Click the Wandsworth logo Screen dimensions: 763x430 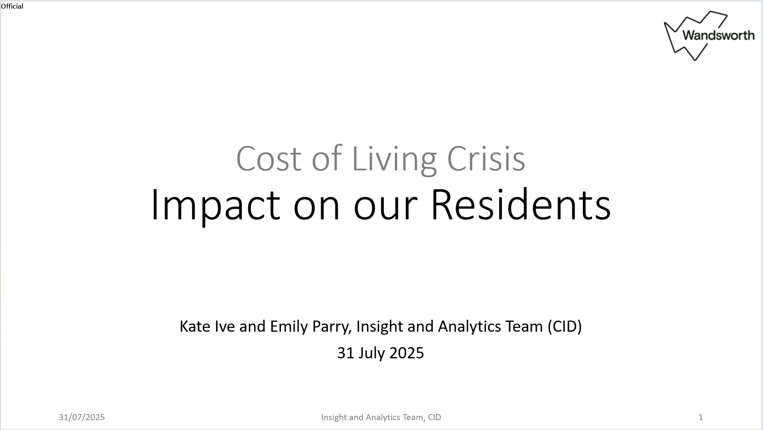pos(709,36)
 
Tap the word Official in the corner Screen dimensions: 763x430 pos(12,6)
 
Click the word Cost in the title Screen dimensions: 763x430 pos(269,159)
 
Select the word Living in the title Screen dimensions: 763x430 pos(394,160)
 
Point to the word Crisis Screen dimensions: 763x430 pos(486,158)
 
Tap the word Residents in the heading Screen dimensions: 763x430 pos(520,204)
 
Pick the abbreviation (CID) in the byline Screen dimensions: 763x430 pos(564,327)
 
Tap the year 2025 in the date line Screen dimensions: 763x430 pos(407,353)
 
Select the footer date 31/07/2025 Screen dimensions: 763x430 pos(82,417)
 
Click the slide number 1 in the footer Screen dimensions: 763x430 pos(701,417)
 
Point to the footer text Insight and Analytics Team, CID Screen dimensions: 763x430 pos(381,417)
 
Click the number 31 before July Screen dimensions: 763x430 pos(346,353)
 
